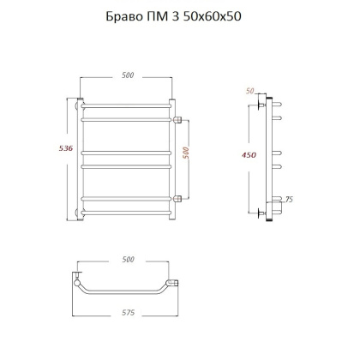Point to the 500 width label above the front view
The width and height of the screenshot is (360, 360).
128,76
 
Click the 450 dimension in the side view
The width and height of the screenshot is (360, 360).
248,155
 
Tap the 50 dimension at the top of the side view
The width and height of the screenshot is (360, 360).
251,89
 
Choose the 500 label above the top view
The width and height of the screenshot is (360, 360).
128,260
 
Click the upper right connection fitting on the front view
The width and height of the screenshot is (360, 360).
178,120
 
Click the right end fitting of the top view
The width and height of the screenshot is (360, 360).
176,283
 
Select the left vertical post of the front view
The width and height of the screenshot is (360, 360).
81,159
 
